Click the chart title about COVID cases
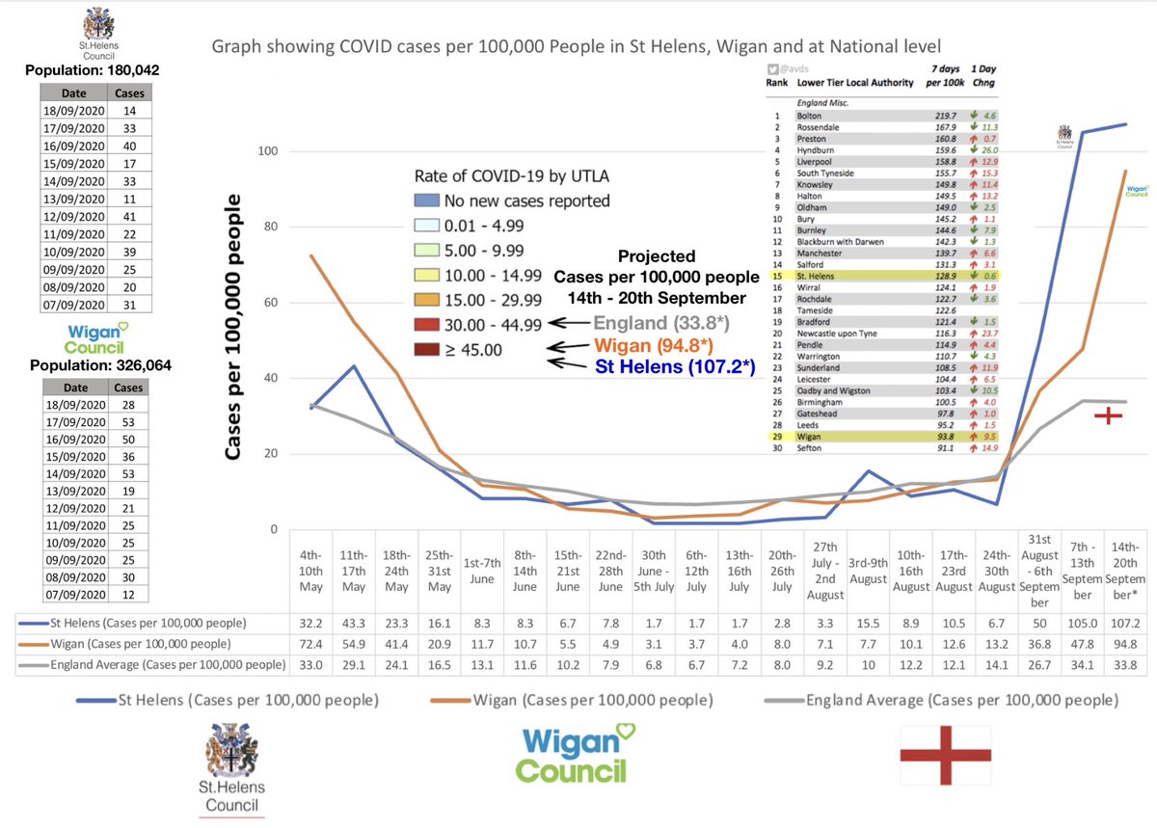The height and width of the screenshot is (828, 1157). tap(576, 46)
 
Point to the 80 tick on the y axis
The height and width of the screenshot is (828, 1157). tap(271, 227)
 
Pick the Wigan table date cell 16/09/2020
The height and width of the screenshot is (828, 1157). tap(74, 439)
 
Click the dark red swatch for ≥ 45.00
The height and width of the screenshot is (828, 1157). tap(427, 350)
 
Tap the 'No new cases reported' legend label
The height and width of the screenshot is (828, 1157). tap(526, 201)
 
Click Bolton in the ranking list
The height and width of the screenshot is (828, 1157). tap(809, 116)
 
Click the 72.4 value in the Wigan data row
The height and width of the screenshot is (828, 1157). tap(312, 643)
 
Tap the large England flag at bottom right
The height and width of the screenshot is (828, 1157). tap(948, 755)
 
